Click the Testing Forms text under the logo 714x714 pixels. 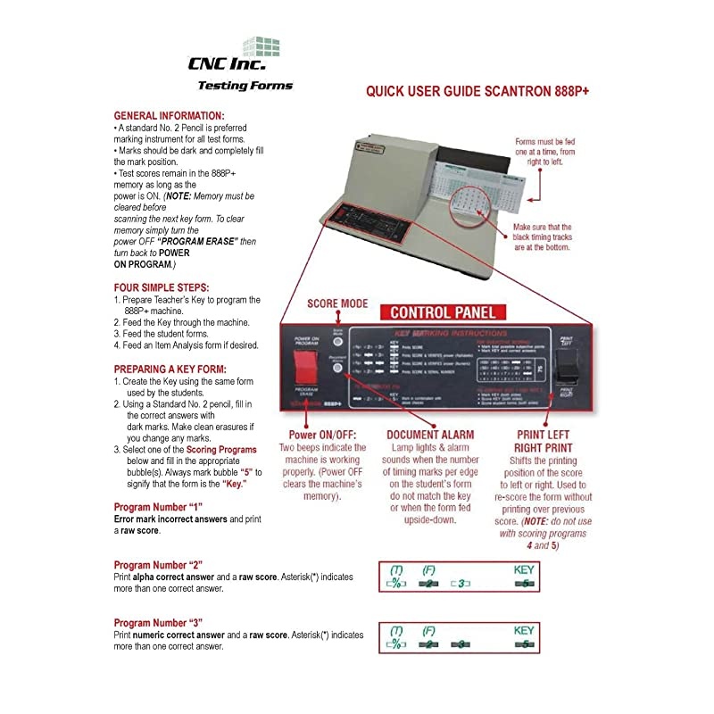(244, 87)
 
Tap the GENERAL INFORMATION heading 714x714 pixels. (170, 116)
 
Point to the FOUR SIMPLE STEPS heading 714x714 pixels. (162, 287)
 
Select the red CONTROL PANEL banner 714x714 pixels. (443, 312)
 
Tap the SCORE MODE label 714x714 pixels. (337, 303)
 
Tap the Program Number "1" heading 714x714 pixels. (159, 507)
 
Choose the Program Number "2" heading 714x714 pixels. (159, 565)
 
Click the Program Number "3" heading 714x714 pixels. (159, 623)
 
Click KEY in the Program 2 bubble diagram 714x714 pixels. (524, 569)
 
